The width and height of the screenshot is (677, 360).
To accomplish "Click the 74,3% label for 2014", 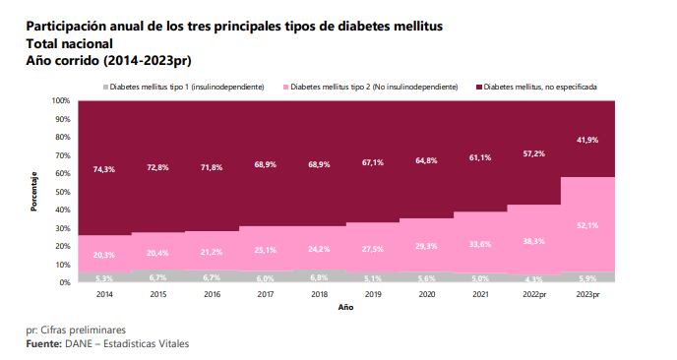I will (x=104, y=169).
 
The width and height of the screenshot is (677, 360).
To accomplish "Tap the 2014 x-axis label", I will (x=104, y=293).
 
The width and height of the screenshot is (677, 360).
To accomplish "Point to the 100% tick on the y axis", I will (x=60, y=101).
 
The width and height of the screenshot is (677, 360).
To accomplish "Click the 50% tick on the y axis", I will (x=62, y=192).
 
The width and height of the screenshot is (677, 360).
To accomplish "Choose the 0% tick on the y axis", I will (x=64, y=282).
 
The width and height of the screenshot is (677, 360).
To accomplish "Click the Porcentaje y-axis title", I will (x=32, y=192).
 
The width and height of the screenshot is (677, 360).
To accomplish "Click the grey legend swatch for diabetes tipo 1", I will (x=105, y=87).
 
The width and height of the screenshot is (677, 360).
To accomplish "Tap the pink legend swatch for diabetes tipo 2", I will (x=285, y=87).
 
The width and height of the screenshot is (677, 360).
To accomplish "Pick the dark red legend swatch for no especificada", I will (x=478, y=87).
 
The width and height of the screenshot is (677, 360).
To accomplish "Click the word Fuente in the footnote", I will (x=43, y=343).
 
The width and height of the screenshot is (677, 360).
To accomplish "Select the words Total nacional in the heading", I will (x=69, y=43).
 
